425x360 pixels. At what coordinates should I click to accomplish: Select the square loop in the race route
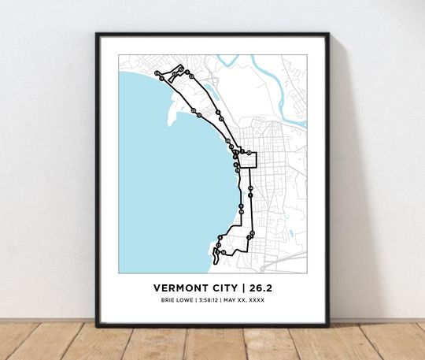249,159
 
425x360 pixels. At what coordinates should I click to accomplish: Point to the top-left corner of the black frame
97,34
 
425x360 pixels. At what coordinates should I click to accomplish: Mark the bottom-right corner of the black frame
328,325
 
